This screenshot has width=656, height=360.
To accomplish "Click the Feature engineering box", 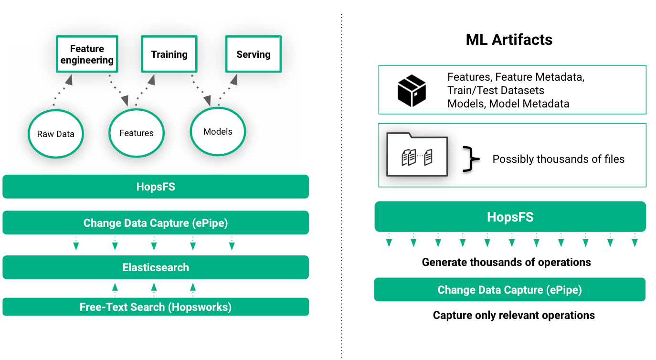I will point(87,54).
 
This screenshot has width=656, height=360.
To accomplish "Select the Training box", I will point(169,54).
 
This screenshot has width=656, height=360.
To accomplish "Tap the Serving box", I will point(254,54).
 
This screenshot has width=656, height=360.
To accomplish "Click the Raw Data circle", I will point(56,134).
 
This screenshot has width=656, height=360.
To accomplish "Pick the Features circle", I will point(137,133).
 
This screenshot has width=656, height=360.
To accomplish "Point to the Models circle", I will point(218,132).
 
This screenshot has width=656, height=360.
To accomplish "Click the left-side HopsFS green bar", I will point(156,187).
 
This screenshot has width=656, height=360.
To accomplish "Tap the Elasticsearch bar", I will point(156,267).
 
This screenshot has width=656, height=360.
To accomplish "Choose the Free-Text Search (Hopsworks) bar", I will point(156,307).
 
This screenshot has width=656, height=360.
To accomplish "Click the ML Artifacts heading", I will point(509,40).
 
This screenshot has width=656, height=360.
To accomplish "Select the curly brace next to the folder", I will point(471,159).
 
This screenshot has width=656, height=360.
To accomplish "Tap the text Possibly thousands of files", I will point(558,159).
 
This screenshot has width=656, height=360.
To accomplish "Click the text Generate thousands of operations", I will point(506,262).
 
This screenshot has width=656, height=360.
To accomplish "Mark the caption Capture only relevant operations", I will point(514,315).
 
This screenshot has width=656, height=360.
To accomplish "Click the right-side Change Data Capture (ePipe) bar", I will point(509,290).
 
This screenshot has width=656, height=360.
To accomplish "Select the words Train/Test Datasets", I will point(496,90).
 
